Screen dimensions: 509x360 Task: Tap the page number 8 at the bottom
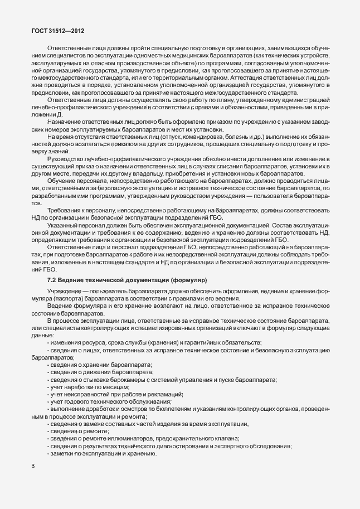click(32, 466)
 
